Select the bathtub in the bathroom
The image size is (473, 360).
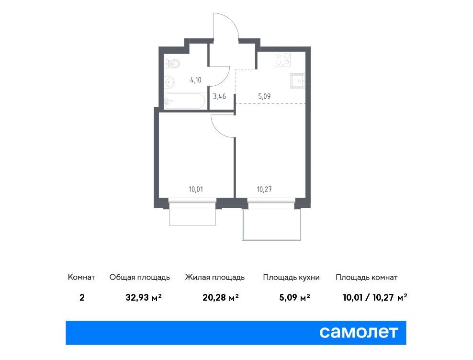point(185,101)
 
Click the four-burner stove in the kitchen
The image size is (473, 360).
point(282,59)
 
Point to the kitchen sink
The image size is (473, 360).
point(297,80)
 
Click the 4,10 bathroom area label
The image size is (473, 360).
point(196,80)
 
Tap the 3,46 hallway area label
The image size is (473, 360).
point(219,97)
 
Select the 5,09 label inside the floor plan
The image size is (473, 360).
point(264,97)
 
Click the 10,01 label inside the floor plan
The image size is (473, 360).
point(196,190)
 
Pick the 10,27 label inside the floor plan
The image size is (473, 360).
point(264,190)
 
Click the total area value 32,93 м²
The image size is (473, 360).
point(144,298)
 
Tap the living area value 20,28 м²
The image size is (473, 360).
point(221,298)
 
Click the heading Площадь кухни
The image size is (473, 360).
point(291,277)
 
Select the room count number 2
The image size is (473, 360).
point(82,298)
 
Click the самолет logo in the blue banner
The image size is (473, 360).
point(359,332)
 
